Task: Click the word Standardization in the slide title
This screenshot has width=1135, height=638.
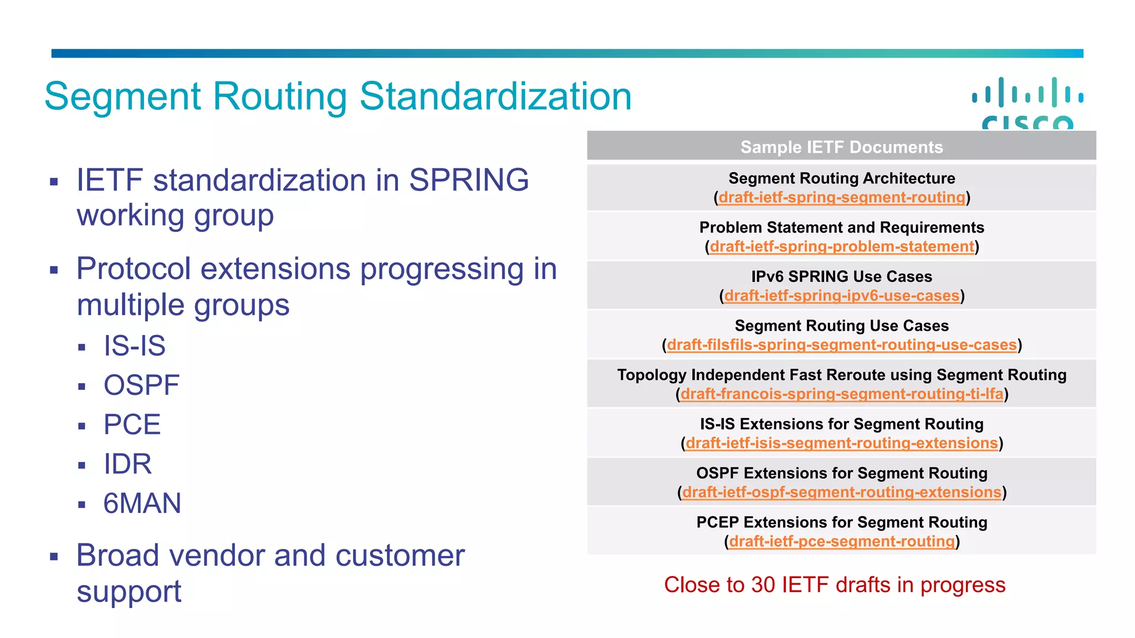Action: tap(495, 96)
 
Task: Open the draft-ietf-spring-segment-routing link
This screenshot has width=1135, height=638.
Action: tap(841, 198)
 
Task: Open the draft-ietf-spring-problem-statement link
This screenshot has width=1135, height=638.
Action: tap(841, 246)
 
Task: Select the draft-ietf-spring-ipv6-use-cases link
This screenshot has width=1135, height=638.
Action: tap(841, 296)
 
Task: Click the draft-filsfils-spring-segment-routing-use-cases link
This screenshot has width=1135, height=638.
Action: tap(841, 345)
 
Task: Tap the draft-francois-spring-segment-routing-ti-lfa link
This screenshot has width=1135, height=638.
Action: tap(841, 394)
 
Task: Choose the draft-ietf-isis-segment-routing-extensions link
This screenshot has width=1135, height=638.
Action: tap(841, 443)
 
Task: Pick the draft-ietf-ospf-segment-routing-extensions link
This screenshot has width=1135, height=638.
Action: tap(841, 492)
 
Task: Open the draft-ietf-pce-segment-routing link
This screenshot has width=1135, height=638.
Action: tap(841, 541)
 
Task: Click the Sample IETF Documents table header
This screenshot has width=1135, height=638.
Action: tap(841, 147)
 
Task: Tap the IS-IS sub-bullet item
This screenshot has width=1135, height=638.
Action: tap(135, 346)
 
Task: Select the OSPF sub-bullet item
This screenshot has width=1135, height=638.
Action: tap(141, 385)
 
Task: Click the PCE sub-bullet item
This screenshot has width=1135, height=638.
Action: tap(132, 425)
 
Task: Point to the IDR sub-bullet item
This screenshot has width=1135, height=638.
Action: tap(127, 464)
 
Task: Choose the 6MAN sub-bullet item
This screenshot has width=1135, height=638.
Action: tap(142, 503)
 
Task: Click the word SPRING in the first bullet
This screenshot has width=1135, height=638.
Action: tap(469, 181)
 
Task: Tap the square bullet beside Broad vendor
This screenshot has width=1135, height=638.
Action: tap(54, 557)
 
